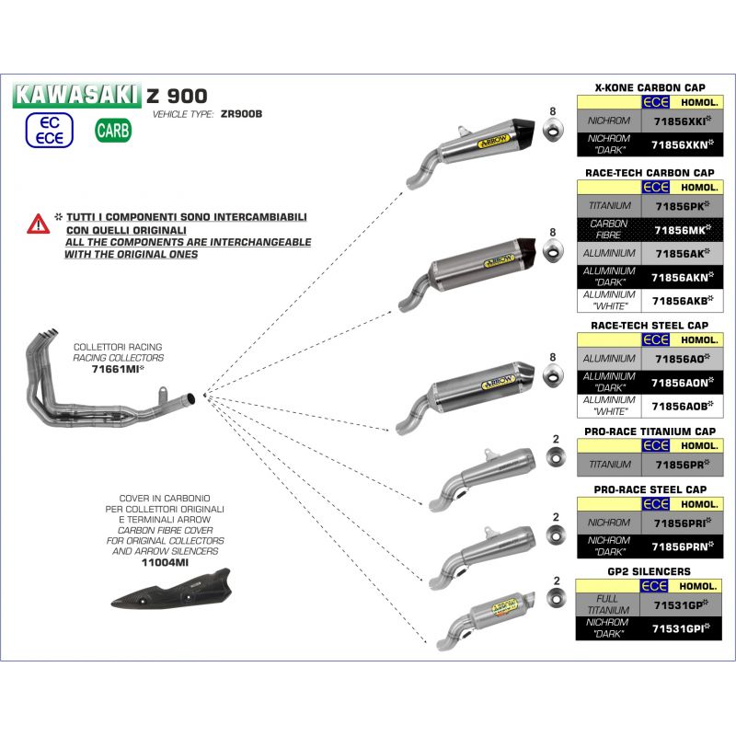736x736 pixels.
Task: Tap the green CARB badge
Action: [x=113, y=131]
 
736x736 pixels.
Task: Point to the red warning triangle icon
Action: [x=38, y=223]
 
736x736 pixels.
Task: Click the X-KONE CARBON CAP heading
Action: [x=650, y=86]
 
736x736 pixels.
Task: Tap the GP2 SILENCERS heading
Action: [x=650, y=571]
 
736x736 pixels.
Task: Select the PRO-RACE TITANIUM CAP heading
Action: [x=650, y=431]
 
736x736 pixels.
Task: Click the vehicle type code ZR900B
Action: [x=242, y=114]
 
